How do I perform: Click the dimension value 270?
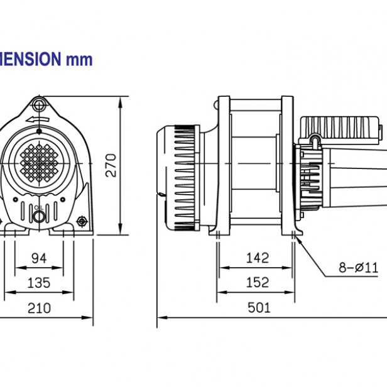coord(111,165)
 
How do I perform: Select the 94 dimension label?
coord(40,258)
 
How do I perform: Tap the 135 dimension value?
coord(40,283)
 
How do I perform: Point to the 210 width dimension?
coord(40,308)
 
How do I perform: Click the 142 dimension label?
coord(257,258)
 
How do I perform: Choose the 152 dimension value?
coord(257,283)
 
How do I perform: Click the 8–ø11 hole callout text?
coord(358,267)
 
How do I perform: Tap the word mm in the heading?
coord(79,60)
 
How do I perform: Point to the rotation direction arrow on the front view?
coord(39,119)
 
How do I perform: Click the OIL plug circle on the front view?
coord(39,217)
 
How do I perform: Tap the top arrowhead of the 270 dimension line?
coord(120,101)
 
